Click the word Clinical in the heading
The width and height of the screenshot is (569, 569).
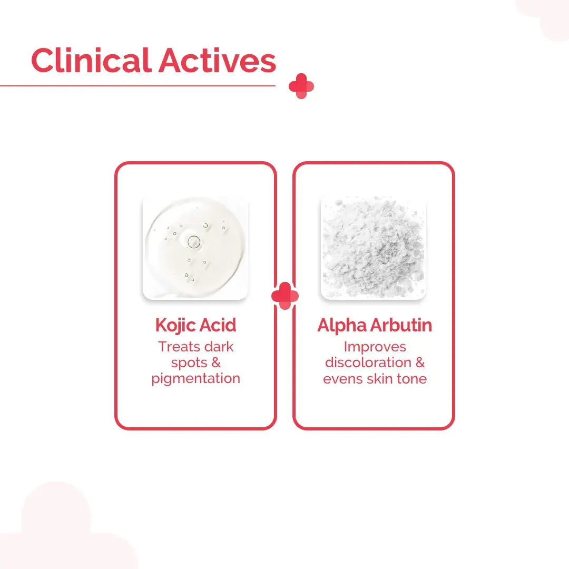(x=91, y=60)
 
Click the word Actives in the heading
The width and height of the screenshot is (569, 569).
(x=217, y=61)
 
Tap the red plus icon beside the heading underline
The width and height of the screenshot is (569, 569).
(x=301, y=86)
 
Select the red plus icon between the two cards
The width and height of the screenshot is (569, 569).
(x=285, y=296)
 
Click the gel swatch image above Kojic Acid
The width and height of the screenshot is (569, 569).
(x=195, y=248)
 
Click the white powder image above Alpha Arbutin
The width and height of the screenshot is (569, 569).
(x=374, y=248)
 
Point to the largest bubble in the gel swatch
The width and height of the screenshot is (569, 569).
(x=194, y=242)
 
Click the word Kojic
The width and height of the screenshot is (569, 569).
(x=176, y=326)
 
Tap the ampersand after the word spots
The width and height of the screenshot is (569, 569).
(x=216, y=362)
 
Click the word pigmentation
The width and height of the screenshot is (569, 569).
(x=195, y=379)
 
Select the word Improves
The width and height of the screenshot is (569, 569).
(x=375, y=347)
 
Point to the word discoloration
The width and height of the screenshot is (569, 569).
(x=368, y=362)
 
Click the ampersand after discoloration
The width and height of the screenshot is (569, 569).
(x=420, y=362)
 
